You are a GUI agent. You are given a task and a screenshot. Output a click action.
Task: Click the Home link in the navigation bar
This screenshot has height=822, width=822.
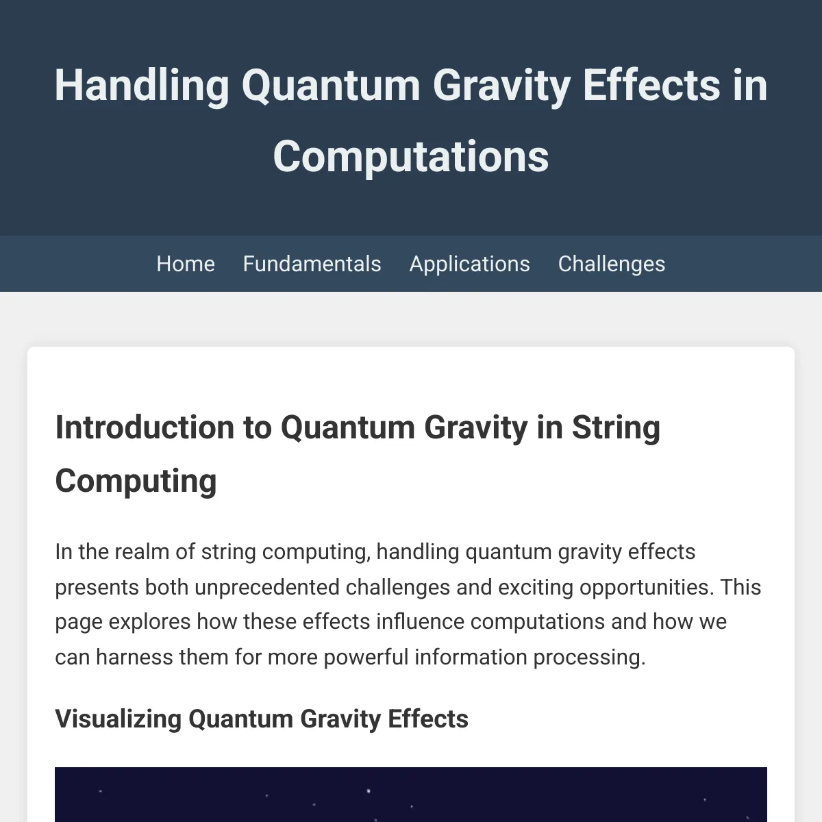pyautogui.click(x=186, y=264)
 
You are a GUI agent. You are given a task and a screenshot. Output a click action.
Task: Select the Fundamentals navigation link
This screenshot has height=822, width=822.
pyautogui.click(x=312, y=264)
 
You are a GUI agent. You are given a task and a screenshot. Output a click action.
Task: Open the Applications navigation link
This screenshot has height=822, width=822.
pyautogui.click(x=470, y=264)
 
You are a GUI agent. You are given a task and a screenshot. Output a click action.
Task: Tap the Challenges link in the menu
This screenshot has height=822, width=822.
pyautogui.click(x=612, y=264)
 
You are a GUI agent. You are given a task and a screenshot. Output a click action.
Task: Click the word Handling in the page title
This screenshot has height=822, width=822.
pyautogui.click(x=142, y=86)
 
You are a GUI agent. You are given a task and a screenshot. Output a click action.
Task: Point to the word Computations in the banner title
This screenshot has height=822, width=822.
pyautogui.click(x=411, y=158)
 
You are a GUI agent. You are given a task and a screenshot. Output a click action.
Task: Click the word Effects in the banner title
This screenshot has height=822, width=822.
pyautogui.click(x=651, y=86)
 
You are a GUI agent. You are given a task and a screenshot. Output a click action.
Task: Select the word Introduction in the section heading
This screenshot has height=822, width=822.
pyautogui.click(x=145, y=427)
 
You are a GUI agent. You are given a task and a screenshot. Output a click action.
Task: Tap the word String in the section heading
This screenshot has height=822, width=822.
pyautogui.click(x=616, y=428)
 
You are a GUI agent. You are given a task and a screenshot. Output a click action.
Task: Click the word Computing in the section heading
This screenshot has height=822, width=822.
pyautogui.click(x=136, y=482)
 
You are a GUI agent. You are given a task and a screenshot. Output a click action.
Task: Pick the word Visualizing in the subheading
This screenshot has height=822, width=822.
pyautogui.click(x=119, y=719)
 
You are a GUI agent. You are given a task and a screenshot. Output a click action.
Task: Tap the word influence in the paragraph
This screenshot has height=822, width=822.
pyautogui.click(x=420, y=621)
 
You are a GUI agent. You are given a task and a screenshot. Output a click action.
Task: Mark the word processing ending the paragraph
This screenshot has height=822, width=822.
pyautogui.click(x=590, y=658)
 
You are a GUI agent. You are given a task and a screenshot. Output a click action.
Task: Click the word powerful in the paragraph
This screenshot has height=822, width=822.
pyautogui.click(x=366, y=658)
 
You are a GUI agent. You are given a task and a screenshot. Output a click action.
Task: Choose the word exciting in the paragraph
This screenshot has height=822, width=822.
pyautogui.click(x=536, y=588)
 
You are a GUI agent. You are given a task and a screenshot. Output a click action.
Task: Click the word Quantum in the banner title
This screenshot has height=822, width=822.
pyautogui.click(x=331, y=86)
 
